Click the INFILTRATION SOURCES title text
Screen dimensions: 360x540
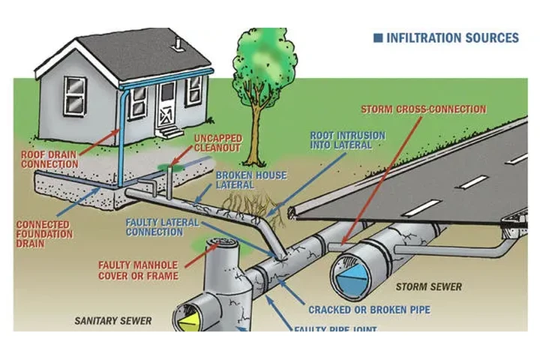click(452, 37)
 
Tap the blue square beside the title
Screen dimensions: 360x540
click(378, 37)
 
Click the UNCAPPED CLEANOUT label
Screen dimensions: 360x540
click(217, 143)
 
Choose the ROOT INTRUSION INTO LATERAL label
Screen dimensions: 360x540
click(348, 140)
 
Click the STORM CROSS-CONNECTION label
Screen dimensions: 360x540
click(423, 109)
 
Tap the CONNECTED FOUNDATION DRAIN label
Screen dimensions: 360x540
click(44, 234)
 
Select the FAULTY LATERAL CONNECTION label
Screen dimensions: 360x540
click(163, 227)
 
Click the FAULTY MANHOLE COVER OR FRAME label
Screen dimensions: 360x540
click(139, 270)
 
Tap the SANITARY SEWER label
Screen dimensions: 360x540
click(112, 321)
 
